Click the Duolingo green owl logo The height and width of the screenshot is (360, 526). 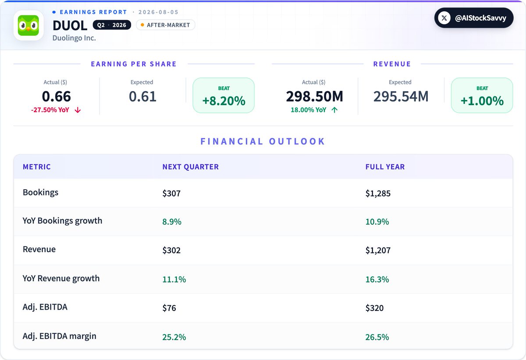coord(28,25)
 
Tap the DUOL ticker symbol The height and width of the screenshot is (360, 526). coord(70,25)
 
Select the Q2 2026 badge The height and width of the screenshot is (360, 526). coord(112,25)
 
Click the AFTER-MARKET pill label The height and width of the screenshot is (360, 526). coord(166,25)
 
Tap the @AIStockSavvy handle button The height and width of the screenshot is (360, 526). coord(474,18)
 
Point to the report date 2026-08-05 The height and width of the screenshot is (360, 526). coord(159,12)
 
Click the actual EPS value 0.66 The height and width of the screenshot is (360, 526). coord(57,96)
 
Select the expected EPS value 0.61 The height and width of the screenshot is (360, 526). coord(142,96)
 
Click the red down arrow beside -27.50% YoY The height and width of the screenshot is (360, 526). coord(78,110)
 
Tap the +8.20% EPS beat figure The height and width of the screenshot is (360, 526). coord(224,101)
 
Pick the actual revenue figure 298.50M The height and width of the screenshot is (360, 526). coord(314,96)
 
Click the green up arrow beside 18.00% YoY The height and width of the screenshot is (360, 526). coord(334,110)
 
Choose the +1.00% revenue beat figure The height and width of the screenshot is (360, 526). coord(482,101)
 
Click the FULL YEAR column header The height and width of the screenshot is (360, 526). coord(385,166)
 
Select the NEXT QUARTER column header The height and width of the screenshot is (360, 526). coord(190,166)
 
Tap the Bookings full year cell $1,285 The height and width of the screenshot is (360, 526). coord(378,194)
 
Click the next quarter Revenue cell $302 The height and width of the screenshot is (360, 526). coord(171,250)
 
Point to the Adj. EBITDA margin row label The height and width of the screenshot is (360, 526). coord(60,336)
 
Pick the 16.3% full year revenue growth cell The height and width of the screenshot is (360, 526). coord(377,279)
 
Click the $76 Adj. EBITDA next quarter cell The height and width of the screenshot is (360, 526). coord(169,308)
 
